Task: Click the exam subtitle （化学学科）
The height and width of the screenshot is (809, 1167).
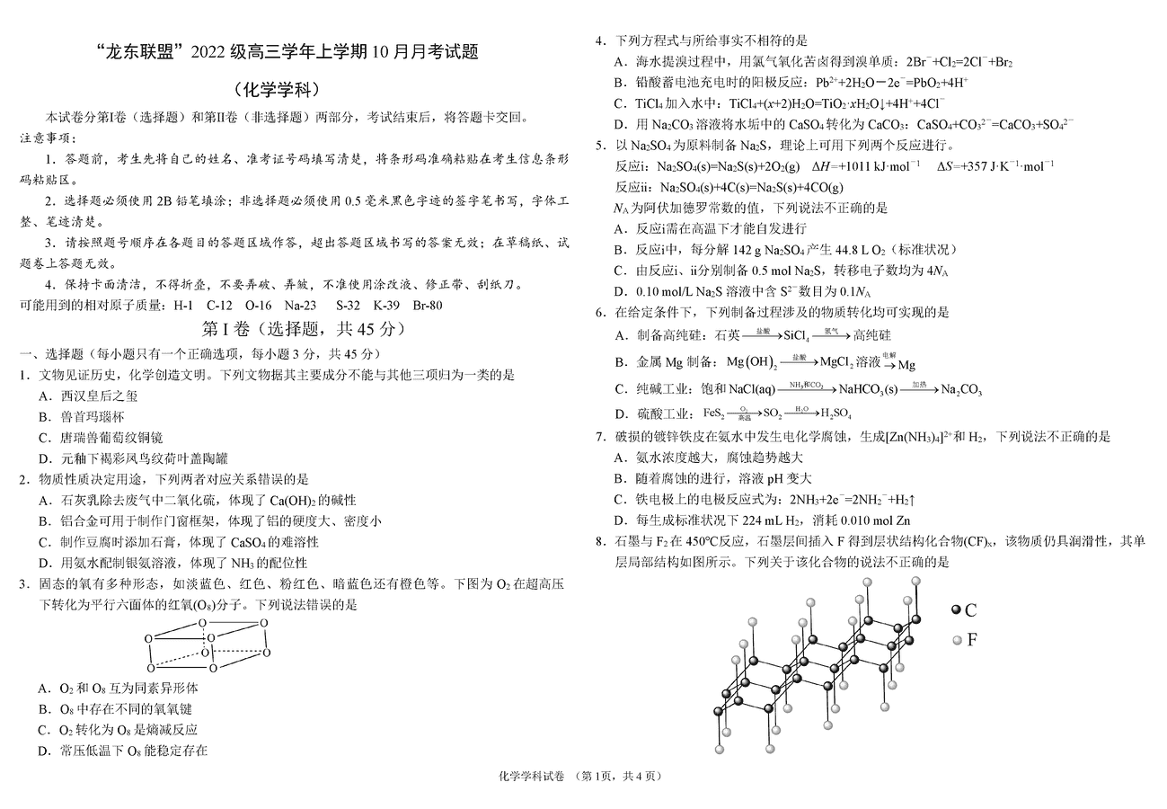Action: click(x=276, y=90)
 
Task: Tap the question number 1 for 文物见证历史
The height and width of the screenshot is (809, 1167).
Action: click(x=25, y=375)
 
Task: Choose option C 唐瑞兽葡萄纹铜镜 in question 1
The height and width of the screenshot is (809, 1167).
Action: click(x=102, y=438)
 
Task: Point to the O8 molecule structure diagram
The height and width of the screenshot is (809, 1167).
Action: click(x=207, y=645)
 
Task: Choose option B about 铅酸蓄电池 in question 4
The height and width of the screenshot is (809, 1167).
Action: click(x=791, y=83)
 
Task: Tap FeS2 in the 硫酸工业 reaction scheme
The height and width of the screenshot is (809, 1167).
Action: click(x=714, y=413)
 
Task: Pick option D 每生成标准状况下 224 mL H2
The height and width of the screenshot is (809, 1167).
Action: click(x=763, y=520)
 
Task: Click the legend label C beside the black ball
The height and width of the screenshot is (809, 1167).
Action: click(x=970, y=610)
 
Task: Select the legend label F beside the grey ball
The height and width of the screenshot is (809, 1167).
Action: click(x=971, y=640)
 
